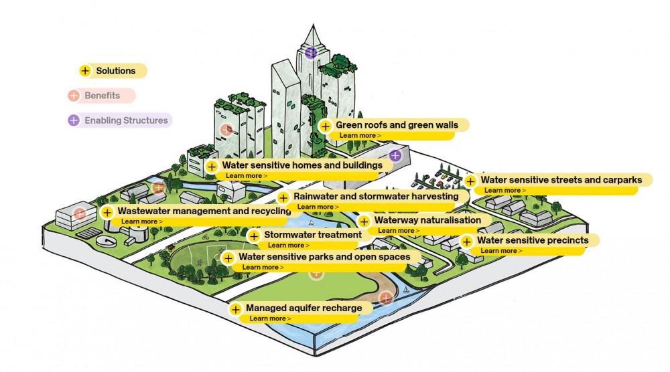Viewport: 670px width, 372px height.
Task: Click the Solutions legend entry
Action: tap(113, 71)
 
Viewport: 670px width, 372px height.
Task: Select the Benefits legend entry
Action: tap(102, 96)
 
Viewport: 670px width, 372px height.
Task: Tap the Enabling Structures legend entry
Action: tap(120, 120)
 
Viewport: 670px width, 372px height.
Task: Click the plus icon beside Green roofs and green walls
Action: tap(326, 126)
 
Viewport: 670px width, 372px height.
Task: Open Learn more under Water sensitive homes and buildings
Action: tap(246, 176)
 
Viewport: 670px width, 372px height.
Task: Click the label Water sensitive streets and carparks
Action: tap(561, 180)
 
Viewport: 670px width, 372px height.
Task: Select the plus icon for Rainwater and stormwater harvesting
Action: tap(283, 198)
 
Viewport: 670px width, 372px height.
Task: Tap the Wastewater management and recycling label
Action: tap(204, 211)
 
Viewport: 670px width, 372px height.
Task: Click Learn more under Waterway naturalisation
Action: tap(398, 231)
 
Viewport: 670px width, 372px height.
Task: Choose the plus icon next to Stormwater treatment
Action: tap(254, 236)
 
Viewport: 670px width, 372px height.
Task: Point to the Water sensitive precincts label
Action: tap(533, 240)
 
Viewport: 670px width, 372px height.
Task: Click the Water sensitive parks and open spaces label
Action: tap(324, 257)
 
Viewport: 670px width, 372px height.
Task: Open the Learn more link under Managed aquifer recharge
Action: tap(270, 318)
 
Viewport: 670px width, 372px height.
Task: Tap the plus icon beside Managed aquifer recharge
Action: tap(235, 309)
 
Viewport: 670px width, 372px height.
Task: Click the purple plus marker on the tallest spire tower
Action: tap(311, 52)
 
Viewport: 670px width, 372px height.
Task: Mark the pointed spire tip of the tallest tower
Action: tap(313, 25)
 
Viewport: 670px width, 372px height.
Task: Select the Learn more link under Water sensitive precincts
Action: tap(501, 251)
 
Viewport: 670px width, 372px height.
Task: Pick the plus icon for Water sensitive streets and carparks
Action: tap(470, 181)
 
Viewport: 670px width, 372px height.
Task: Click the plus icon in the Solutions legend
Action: tap(85, 71)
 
